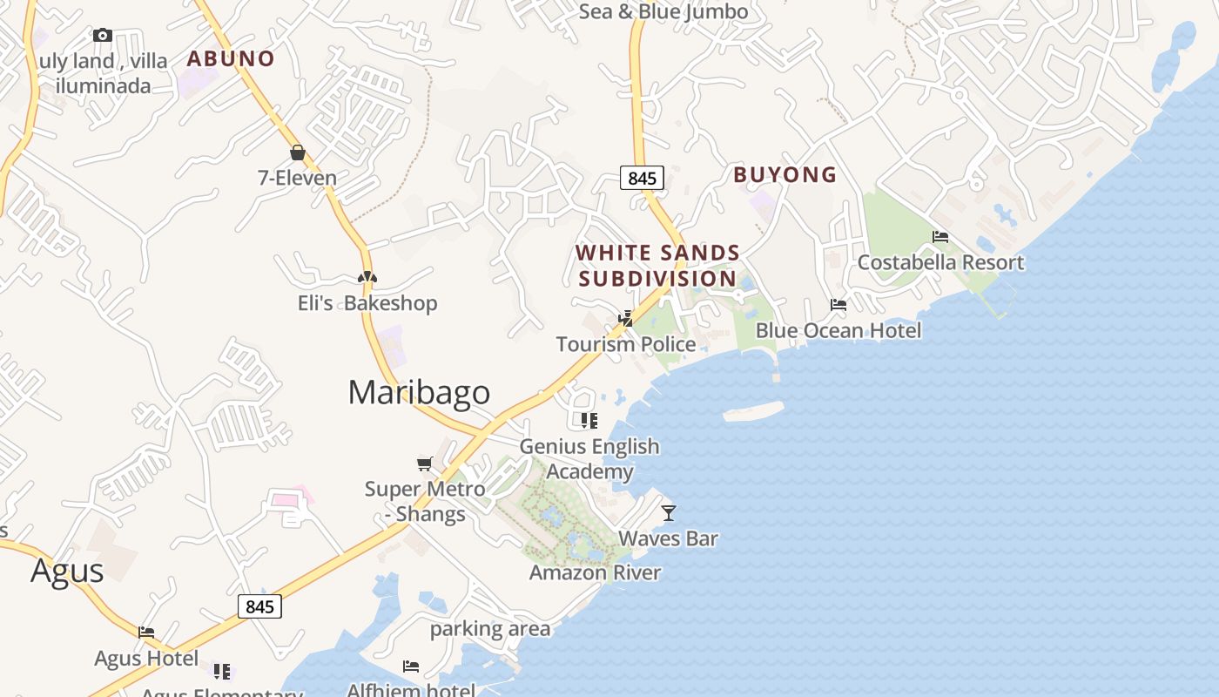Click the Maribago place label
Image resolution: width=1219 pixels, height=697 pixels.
[x=419, y=392]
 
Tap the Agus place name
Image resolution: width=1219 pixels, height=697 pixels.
[x=67, y=571]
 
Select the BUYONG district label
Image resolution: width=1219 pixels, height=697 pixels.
[x=785, y=175]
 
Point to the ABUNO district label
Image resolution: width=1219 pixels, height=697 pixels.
[x=231, y=58]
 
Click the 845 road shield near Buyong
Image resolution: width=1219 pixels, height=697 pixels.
[x=642, y=178]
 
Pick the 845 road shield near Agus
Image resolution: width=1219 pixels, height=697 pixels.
[x=259, y=606]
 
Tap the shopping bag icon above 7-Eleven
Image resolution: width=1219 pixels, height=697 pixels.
[x=298, y=153]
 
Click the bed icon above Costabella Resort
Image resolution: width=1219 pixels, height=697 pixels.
[x=940, y=237]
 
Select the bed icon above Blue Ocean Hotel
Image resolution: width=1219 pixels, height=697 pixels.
[x=838, y=305]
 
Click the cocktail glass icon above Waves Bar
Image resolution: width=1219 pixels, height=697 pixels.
[x=668, y=513]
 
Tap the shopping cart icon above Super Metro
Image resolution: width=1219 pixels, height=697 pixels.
[x=425, y=464]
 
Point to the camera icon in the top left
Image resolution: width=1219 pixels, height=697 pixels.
[x=103, y=36]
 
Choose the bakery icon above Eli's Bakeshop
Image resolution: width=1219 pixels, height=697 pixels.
[x=367, y=278]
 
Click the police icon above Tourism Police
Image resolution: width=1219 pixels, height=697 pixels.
[x=625, y=319]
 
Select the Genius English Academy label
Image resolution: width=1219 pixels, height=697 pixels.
[x=589, y=459]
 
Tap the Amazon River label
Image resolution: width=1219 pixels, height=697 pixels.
[x=595, y=572]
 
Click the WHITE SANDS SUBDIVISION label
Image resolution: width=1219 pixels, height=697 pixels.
[x=657, y=266]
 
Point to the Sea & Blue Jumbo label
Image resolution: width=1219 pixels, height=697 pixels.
[x=663, y=11]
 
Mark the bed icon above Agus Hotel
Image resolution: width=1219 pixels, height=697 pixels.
[x=146, y=633]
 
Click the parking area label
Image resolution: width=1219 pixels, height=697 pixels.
[x=490, y=628]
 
